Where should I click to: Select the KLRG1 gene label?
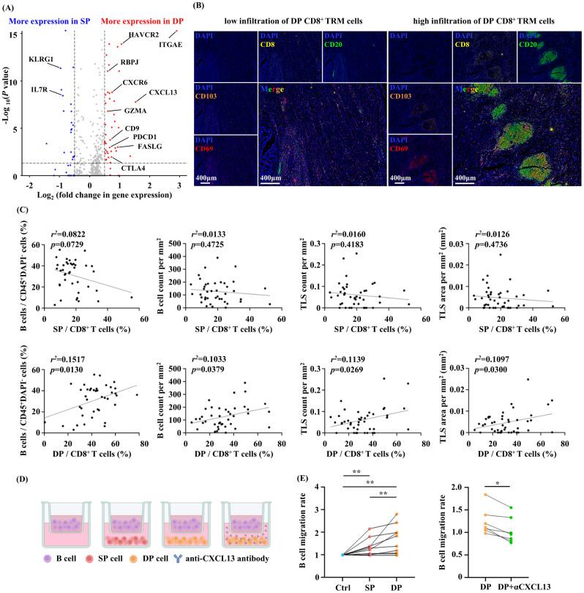(x=41, y=58)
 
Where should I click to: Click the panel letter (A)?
(x=12, y=8)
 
